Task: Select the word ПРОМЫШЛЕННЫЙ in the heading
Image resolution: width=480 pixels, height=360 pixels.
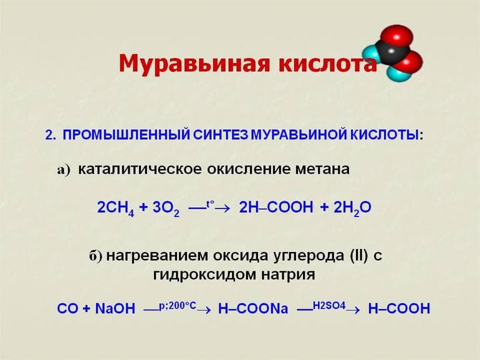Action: (125, 135)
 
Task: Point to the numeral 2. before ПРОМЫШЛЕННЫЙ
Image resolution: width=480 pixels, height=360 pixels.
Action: (50, 135)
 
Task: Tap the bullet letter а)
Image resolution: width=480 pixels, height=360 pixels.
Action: (65, 170)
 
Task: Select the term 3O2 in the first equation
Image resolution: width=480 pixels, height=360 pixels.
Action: (165, 208)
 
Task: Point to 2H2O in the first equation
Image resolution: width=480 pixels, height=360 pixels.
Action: (352, 208)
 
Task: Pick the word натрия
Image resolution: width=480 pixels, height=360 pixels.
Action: (291, 274)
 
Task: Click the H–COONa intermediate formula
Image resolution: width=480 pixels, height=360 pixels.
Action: (253, 308)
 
